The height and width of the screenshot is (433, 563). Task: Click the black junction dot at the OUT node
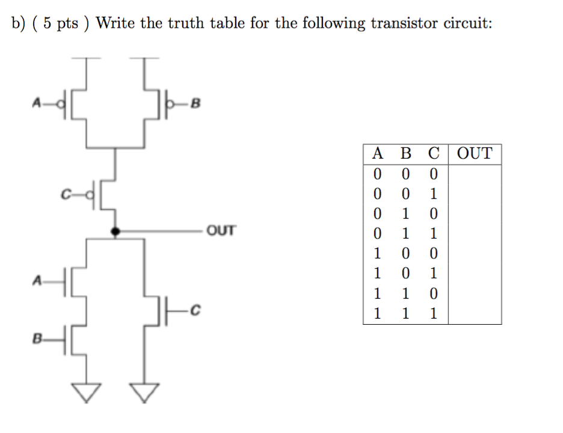[x=114, y=230]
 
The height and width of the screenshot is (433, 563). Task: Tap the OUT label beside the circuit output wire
[x=220, y=230]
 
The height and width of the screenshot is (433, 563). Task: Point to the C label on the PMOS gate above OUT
[x=65, y=194]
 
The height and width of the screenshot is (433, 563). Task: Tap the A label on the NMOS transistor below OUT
[x=36, y=280]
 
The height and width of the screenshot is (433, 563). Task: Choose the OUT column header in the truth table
[x=475, y=154]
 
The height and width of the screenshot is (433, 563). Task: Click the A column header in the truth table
[x=378, y=154]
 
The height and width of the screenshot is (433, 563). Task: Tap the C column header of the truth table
[x=434, y=154]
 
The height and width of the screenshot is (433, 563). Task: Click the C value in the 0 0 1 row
[x=434, y=194]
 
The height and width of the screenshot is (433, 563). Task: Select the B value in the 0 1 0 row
[x=406, y=214]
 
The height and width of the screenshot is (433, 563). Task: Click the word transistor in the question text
[x=405, y=23]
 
